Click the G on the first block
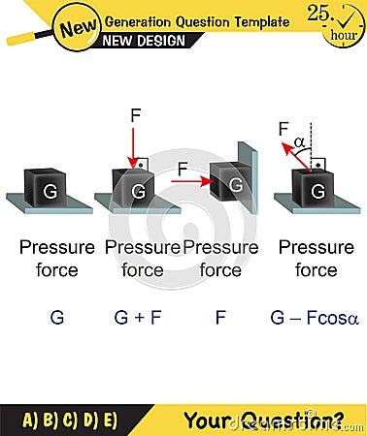(x=49, y=192)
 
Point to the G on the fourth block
(x=317, y=192)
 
